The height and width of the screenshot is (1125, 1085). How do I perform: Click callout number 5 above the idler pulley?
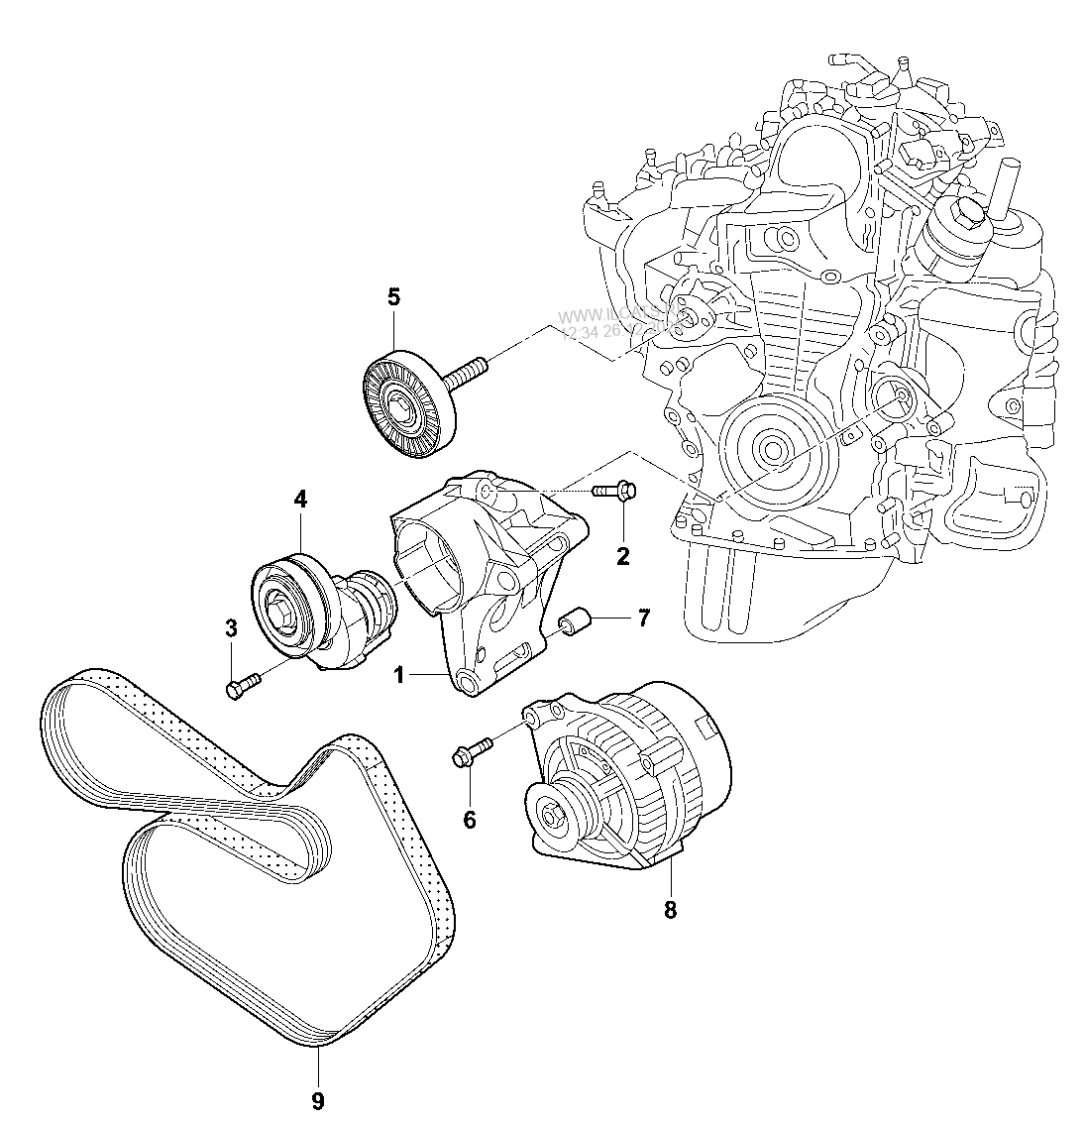point(393,295)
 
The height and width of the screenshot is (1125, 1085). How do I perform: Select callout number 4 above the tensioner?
point(300,500)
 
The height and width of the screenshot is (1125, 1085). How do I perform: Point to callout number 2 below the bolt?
point(622,556)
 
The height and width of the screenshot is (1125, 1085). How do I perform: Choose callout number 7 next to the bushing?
point(643,619)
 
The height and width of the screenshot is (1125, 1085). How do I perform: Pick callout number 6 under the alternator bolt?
point(469,819)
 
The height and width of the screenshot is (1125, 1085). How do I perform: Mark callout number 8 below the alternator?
point(670,910)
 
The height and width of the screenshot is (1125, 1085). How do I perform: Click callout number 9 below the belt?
point(318,1099)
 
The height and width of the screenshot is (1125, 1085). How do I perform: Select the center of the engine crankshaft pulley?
point(773,449)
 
